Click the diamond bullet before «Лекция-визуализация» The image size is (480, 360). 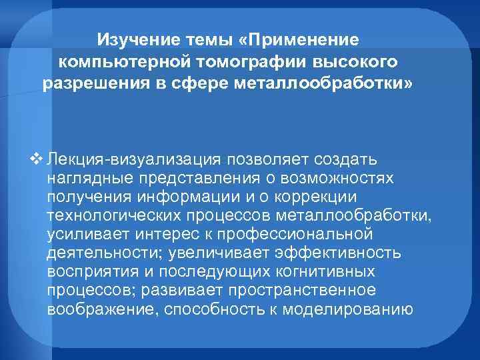coord(36,160)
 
